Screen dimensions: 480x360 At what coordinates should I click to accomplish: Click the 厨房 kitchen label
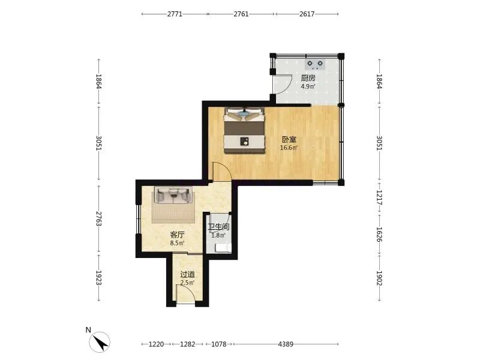(308, 78)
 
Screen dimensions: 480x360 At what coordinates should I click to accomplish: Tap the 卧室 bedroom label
(289, 140)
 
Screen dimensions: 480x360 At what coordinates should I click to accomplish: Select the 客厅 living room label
(177, 235)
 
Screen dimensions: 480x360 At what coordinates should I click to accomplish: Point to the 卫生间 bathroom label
(218, 227)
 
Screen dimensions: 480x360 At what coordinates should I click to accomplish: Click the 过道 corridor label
(187, 275)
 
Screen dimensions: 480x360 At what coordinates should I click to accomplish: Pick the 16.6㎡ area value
(289, 148)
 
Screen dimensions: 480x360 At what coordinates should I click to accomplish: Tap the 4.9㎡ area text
(308, 86)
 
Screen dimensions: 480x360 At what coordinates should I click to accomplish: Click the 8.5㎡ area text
(177, 244)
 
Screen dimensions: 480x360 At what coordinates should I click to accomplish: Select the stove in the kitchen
(315, 64)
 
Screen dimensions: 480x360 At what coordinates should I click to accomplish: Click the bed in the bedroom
(244, 130)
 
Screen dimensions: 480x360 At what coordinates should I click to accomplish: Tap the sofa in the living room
(173, 195)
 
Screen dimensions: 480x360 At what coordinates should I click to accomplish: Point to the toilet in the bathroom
(223, 248)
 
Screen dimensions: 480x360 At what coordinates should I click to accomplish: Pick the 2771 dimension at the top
(175, 14)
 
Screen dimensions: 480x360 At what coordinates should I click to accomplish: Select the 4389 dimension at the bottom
(286, 344)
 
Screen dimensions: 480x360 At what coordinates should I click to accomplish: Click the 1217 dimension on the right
(379, 197)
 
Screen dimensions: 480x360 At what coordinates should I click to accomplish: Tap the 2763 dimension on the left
(98, 218)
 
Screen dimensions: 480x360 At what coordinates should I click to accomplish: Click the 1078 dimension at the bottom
(219, 344)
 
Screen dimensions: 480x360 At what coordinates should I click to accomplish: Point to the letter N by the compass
(88, 330)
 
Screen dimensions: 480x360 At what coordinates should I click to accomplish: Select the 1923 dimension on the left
(98, 278)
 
